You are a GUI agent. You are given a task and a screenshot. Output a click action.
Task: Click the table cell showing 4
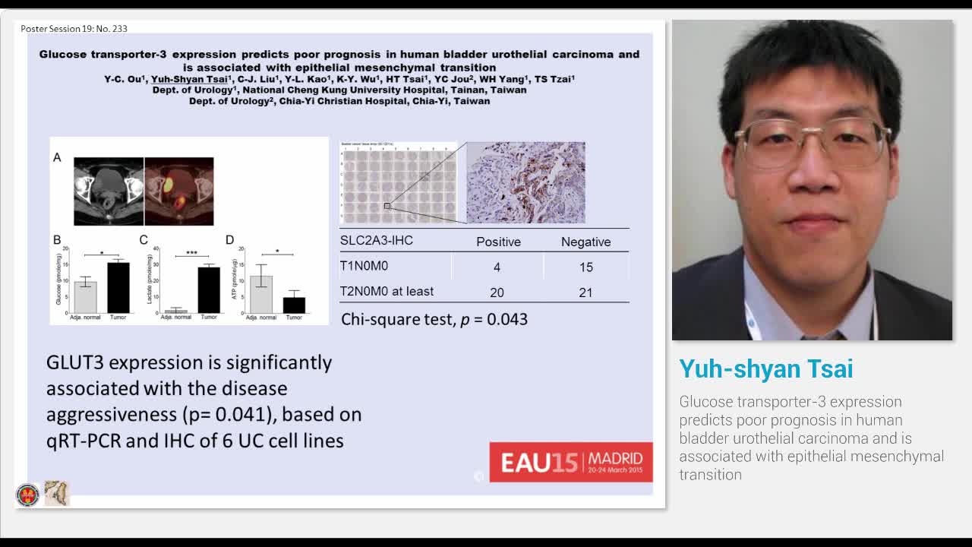pos(497,267)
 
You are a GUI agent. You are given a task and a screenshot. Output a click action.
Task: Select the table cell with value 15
pos(585,267)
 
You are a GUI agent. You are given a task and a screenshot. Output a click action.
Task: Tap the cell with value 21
pos(585,292)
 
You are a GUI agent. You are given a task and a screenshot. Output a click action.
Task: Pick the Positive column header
pos(498,242)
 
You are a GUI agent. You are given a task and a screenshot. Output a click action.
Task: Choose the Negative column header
pos(585,242)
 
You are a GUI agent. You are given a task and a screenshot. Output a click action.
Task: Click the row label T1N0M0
pos(364,266)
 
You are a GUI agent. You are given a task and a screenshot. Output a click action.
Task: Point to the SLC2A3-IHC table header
pos(377,240)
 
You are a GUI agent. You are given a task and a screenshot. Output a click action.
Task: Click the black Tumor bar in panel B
pos(118,287)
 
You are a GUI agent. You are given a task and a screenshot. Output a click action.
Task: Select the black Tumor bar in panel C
pos(209,289)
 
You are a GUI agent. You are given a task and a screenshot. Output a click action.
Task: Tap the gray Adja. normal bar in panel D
pos(261,294)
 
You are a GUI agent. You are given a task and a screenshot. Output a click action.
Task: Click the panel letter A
pos(57,157)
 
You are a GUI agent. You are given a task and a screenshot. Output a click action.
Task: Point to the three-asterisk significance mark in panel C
pos(191,253)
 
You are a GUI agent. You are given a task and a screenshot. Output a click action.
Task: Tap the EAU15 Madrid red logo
pos(570,462)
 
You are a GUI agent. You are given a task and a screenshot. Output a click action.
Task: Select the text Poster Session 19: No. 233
pos(74,29)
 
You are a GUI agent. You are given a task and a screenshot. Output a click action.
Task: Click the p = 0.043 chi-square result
pos(434,319)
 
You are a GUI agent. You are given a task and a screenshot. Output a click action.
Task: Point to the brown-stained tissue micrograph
pos(525,182)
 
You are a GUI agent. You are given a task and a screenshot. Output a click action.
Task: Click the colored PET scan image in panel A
pos(178,191)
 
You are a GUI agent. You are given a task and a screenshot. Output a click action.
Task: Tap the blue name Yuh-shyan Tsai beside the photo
pos(765,369)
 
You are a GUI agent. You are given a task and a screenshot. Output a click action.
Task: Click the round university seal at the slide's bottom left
pos(27,495)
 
